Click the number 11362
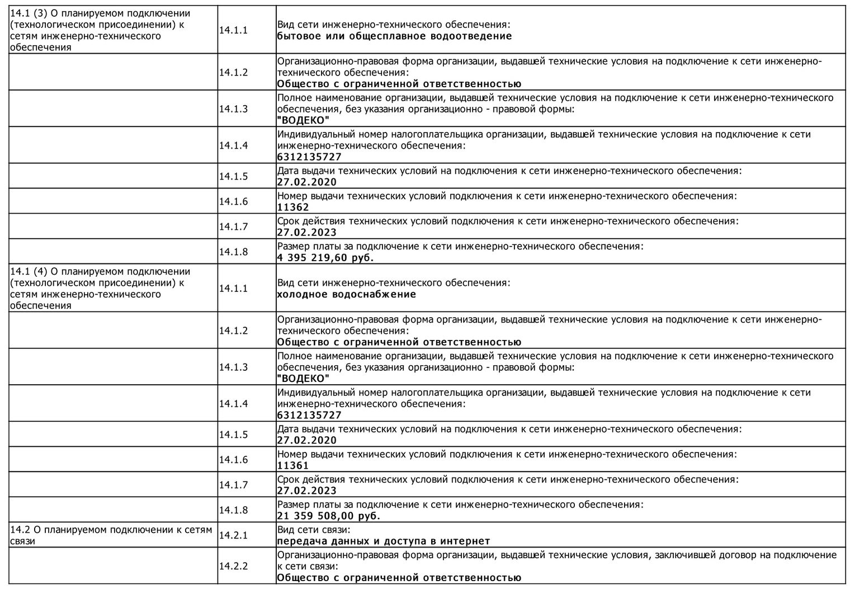pos(293,207)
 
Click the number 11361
pos(293,465)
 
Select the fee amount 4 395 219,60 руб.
pos(325,258)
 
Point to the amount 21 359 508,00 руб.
pos(328,516)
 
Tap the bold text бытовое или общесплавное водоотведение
pos(394,36)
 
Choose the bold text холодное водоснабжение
pos(347,295)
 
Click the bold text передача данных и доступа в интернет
pos(384,541)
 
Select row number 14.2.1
pos(233,535)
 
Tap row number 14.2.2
pos(233,566)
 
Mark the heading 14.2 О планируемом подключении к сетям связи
pos(111,535)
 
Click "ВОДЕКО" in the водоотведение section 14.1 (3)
pos(303,120)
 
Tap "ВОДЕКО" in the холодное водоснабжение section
pos(303,379)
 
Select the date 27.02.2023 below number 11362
pos(307,233)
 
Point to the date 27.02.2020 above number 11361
pos(307,440)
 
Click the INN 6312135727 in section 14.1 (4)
pos(309,415)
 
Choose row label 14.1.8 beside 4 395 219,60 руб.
pos(233,252)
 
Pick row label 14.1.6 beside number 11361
pos(233,460)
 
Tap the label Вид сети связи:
pos(314,530)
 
